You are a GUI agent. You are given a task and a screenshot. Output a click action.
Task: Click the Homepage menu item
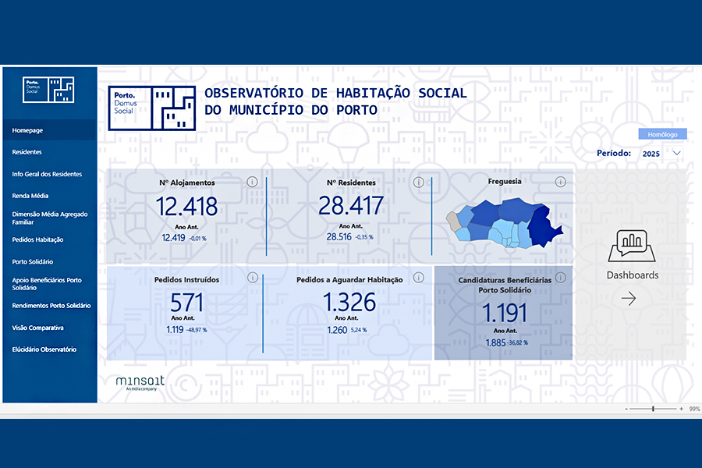tap(27, 130)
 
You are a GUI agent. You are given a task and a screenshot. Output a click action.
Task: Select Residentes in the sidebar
tap(27, 152)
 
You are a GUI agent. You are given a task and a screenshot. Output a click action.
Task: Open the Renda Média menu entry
tap(30, 196)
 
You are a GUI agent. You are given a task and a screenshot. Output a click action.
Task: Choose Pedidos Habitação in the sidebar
tap(37, 239)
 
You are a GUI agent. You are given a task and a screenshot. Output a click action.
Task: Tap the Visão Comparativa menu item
tap(37, 328)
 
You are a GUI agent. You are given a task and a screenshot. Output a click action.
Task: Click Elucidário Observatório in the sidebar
tap(44, 349)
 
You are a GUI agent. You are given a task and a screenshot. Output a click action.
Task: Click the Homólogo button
tap(662, 134)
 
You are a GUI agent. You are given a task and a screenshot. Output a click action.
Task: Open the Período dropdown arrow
tap(677, 153)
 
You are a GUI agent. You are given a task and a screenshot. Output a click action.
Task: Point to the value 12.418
tap(186, 207)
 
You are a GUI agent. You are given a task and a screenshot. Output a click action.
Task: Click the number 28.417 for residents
tap(351, 206)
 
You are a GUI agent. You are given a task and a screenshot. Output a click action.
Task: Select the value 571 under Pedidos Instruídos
tap(186, 303)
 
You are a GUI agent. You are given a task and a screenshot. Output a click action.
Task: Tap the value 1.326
tap(349, 303)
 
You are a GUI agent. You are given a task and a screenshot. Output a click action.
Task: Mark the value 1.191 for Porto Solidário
tap(505, 313)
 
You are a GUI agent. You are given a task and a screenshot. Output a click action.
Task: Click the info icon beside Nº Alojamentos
tap(253, 182)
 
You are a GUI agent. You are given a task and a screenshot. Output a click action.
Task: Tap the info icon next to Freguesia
tap(561, 182)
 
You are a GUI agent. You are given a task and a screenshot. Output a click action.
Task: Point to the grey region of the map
tap(453, 222)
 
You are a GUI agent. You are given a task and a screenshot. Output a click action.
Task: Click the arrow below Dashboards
tap(629, 298)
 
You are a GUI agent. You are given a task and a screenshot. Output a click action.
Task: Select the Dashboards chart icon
tap(632, 246)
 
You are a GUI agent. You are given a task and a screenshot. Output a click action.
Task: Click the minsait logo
tap(140, 382)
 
